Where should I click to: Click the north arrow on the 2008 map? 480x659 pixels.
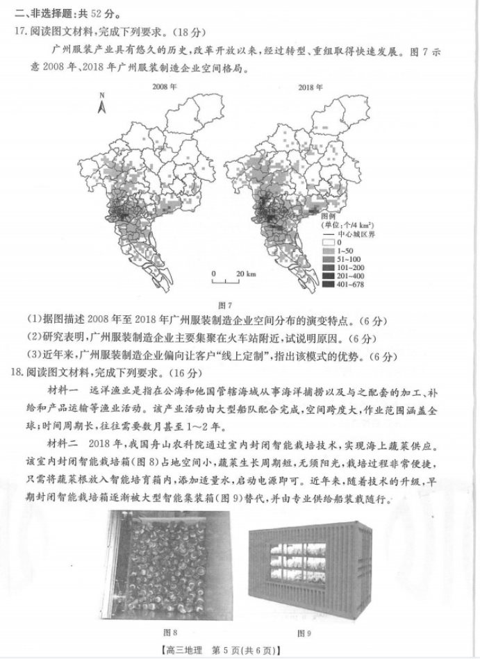pos(101,106)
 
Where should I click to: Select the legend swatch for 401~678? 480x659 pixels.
pos(329,285)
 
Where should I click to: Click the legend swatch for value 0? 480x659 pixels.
pos(329,242)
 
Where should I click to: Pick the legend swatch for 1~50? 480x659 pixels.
pos(329,251)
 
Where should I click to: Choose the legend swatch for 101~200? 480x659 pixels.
pos(329,268)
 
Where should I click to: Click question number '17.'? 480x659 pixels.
pos(20,31)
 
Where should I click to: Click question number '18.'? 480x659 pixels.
pos(20,373)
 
